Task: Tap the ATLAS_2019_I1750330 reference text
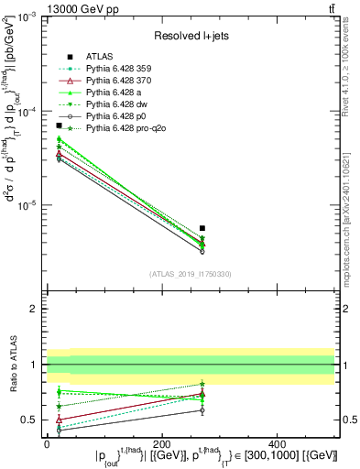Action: (191, 274)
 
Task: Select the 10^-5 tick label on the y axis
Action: (27, 205)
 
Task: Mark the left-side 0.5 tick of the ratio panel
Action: (34, 420)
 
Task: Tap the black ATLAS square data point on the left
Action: (59, 125)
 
